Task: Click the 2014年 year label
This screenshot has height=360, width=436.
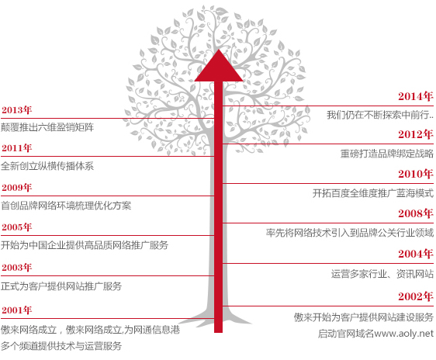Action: coord(415,96)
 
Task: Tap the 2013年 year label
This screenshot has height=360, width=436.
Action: coord(17,110)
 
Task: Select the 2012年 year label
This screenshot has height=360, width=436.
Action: coord(415,134)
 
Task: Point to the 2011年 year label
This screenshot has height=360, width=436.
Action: coord(17,148)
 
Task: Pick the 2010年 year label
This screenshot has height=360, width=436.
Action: coord(415,174)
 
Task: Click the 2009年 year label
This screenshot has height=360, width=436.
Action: coord(17,187)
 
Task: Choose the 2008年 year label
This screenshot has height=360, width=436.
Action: coord(415,213)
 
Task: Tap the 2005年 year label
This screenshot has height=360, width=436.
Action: coord(17,227)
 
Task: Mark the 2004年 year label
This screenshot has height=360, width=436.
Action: coord(415,254)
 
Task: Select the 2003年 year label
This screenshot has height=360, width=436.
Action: coord(17,267)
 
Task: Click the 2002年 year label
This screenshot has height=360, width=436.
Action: coord(415,296)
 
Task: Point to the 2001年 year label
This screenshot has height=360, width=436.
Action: coord(17,310)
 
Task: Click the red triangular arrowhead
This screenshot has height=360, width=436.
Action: coord(219,67)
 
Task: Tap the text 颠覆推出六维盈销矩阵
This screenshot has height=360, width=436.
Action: coord(47,127)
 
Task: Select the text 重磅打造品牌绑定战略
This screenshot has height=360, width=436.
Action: coord(387,154)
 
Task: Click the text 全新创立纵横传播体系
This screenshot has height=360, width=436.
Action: coord(47,166)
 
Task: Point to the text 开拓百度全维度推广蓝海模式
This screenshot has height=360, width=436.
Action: coord(373,193)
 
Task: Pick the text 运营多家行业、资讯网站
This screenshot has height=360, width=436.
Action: coord(382,274)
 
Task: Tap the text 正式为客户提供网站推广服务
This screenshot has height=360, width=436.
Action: coord(61,286)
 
